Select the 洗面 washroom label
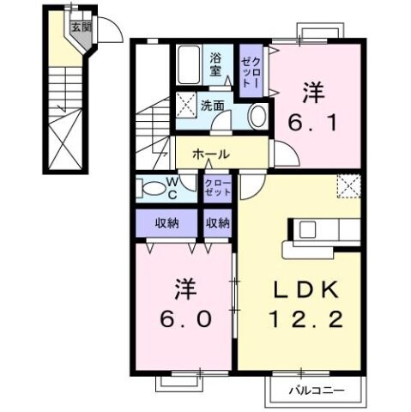tap(213, 106)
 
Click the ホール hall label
tap(210, 154)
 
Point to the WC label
tap(172, 188)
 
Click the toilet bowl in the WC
tap(152, 188)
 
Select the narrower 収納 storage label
tap(218, 223)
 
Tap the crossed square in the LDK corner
tap(349, 186)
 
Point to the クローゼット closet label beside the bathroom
tap(250, 72)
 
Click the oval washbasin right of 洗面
tap(257, 116)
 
